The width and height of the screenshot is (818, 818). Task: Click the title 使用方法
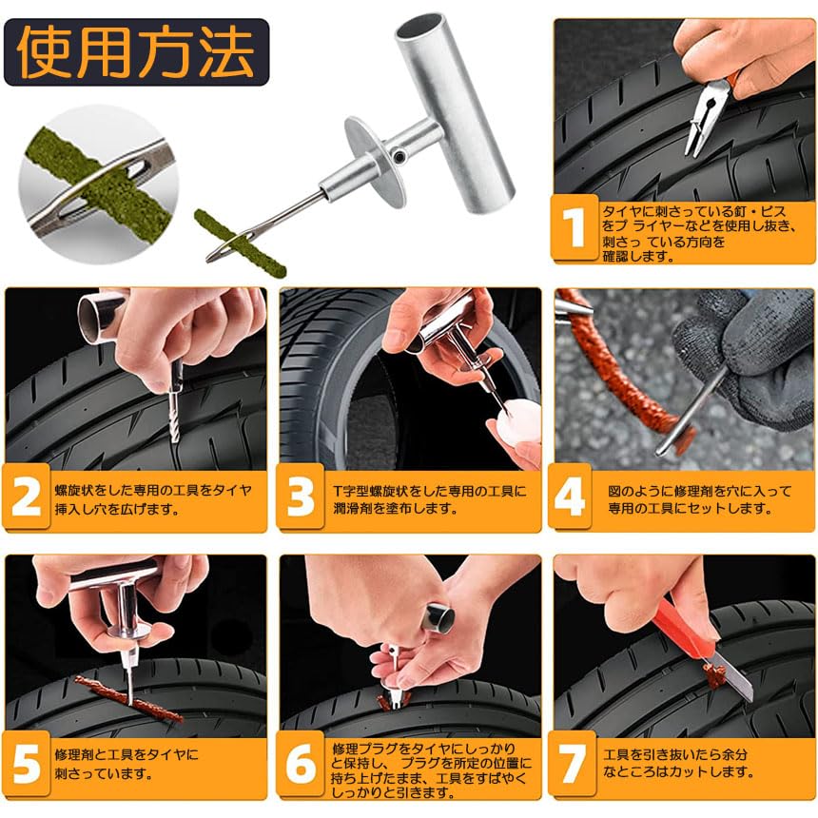tap(136, 52)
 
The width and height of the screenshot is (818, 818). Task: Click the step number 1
tap(575, 229)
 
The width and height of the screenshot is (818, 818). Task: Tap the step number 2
tap(26, 497)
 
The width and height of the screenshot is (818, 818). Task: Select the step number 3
tap(301, 497)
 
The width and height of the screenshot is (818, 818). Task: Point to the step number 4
tap(571, 497)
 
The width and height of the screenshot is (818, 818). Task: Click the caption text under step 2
tap(152, 499)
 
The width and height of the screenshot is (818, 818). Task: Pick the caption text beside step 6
tap(433, 770)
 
